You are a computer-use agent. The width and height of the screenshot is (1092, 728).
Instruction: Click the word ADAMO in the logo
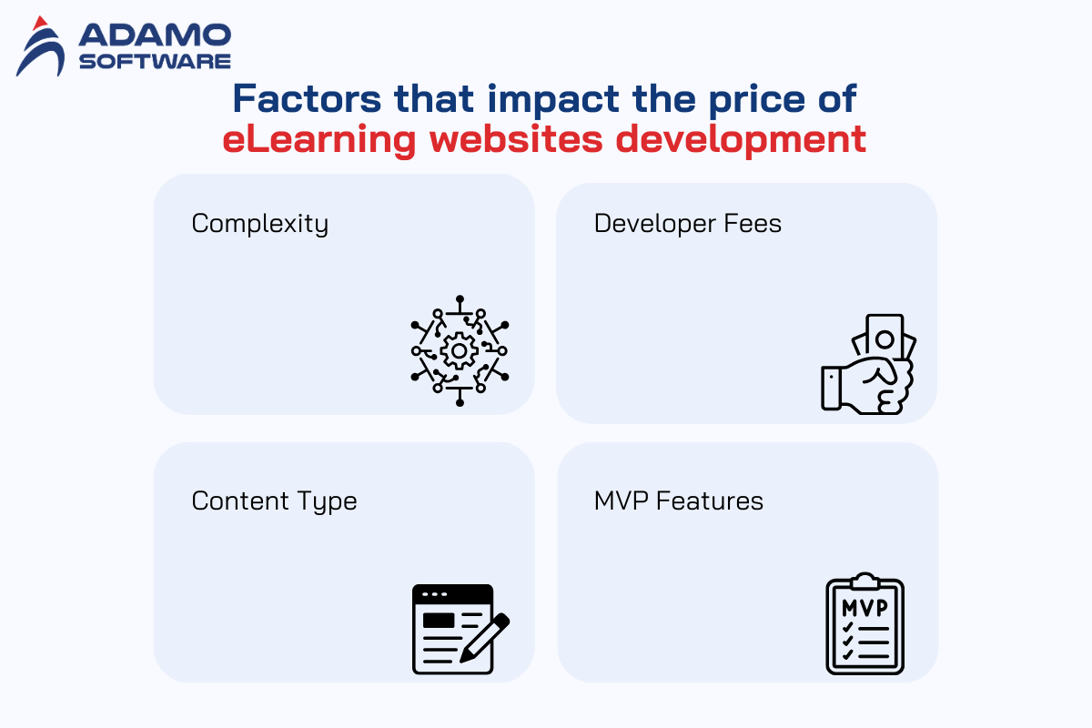[x=155, y=35]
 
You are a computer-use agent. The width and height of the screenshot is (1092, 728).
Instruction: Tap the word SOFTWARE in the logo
[x=155, y=62]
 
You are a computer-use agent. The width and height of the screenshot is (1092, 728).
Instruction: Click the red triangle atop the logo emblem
[x=40, y=23]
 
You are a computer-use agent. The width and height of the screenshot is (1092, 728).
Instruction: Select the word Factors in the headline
[x=307, y=99]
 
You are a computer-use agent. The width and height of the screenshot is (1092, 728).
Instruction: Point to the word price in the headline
[x=756, y=100]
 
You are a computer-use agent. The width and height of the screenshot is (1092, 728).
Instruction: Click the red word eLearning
[x=319, y=140]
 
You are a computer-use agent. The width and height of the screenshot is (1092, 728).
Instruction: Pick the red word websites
[x=516, y=139]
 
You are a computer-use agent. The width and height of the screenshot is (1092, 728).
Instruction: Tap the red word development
[x=741, y=140]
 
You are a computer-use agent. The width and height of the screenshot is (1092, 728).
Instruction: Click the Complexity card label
[x=260, y=224]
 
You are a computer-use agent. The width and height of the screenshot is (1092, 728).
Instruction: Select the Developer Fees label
[x=688, y=224]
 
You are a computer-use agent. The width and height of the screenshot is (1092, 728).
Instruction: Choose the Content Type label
[x=275, y=501]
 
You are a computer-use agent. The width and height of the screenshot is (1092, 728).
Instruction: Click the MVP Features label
[x=679, y=500]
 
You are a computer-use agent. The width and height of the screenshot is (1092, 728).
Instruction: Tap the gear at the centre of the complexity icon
[x=459, y=350]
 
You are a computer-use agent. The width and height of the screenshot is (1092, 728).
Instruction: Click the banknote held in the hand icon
[x=885, y=337]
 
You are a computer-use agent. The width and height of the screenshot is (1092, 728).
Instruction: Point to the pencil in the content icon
[x=484, y=638]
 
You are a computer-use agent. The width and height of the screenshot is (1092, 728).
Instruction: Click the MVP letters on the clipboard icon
[x=864, y=608]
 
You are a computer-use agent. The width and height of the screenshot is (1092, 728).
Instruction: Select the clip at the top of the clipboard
[x=864, y=581]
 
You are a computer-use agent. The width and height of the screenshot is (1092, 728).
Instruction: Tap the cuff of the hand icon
[x=831, y=389]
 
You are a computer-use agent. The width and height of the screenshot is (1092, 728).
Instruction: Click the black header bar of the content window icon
[x=452, y=594]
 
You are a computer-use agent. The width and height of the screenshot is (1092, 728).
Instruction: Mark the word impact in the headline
[x=553, y=100]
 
